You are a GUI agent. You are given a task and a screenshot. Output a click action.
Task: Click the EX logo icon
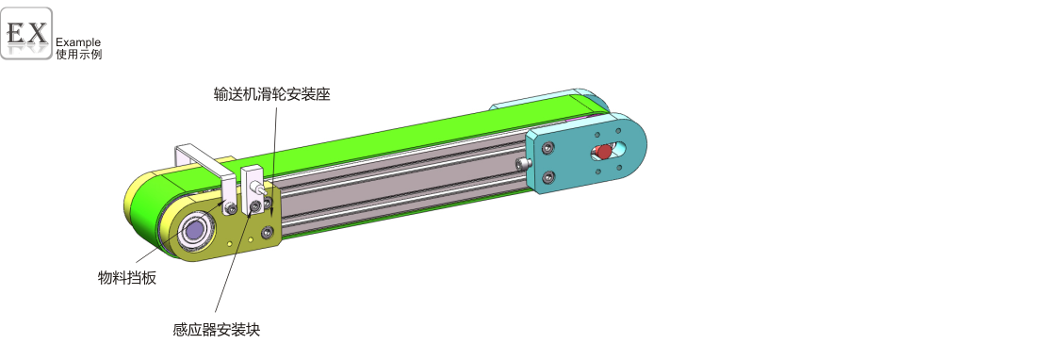pyautogui.click(x=26, y=33)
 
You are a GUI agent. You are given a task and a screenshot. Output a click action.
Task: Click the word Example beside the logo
pyautogui.click(x=78, y=42)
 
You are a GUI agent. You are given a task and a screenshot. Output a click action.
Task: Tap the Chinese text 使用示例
pyautogui.click(x=79, y=55)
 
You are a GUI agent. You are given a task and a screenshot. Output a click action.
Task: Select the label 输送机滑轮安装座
pyautogui.click(x=271, y=94)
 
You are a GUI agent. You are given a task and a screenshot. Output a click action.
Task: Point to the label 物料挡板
pyautogui.click(x=127, y=278)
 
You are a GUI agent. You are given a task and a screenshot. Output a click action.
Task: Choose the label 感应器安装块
pyautogui.click(x=216, y=329)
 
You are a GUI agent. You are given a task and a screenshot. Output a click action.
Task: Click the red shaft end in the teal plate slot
pyautogui.click(x=604, y=152)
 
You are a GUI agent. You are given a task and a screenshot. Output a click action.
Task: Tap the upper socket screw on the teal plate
pyautogui.click(x=548, y=148)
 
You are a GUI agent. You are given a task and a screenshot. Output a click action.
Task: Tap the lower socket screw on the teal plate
pyautogui.click(x=548, y=176)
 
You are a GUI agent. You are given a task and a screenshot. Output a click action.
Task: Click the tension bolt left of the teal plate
pyautogui.click(x=526, y=163)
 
